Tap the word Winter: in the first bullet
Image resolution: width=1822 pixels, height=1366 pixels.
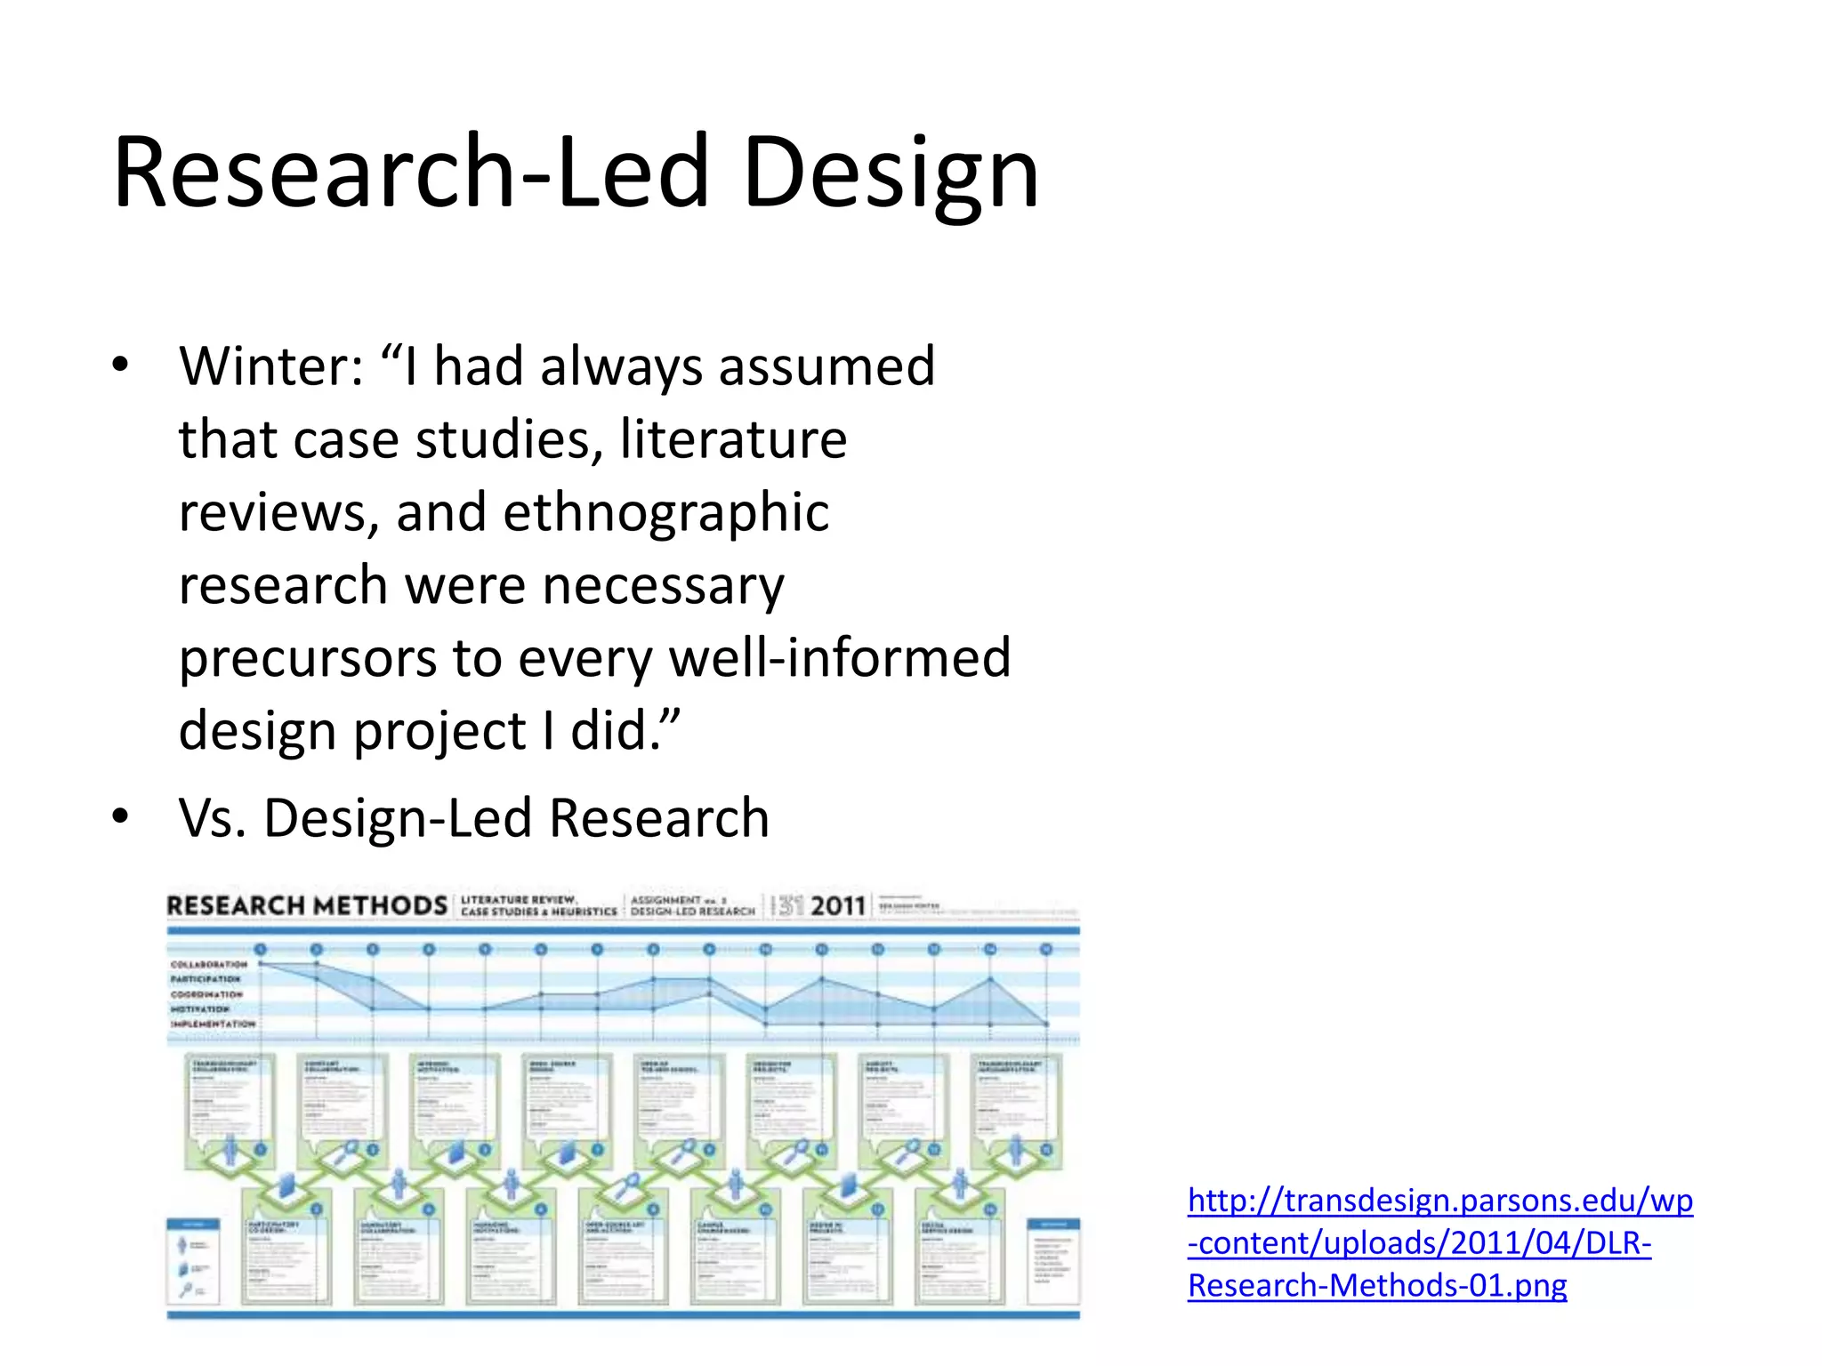click(271, 366)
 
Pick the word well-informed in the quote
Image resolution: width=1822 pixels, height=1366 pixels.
click(840, 658)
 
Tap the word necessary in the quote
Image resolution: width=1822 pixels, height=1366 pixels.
click(663, 585)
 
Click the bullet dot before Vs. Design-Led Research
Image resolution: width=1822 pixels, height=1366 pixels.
click(121, 816)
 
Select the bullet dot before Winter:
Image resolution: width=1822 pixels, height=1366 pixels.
click(121, 365)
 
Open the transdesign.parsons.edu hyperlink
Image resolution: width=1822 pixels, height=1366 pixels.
click(1439, 1242)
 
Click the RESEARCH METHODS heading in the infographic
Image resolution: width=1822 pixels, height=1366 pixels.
click(307, 906)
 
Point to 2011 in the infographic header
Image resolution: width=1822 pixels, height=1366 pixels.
click(838, 906)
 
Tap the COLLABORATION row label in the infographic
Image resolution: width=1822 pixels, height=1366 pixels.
click(210, 964)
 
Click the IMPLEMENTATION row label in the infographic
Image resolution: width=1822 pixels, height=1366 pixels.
click(214, 1024)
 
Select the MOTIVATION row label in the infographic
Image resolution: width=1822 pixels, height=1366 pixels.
click(200, 1009)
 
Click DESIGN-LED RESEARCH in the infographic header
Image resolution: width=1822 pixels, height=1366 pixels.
click(693, 912)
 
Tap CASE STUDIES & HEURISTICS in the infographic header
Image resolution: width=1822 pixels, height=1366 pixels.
click(539, 912)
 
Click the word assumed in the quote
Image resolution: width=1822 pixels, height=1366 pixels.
click(826, 366)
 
